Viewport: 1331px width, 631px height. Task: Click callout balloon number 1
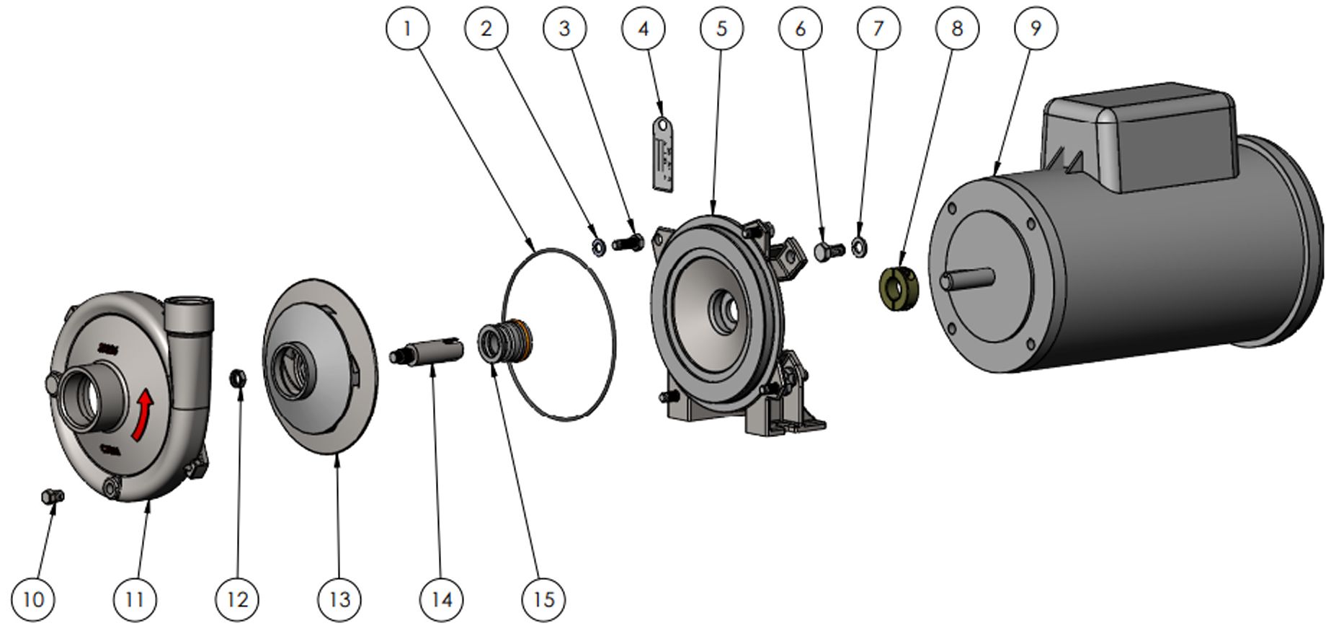click(407, 29)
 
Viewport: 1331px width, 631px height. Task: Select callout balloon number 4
click(643, 29)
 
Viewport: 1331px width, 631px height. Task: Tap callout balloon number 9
click(1036, 29)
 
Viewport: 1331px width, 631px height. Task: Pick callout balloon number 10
click(33, 599)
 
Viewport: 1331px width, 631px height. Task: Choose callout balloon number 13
click(339, 599)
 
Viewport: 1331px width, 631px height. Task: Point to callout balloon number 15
click(543, 599)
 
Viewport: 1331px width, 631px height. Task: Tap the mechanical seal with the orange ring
click(504, 341)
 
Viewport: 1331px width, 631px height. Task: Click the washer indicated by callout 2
click(597, 247)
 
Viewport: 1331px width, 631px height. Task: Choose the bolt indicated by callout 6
click(829, 252)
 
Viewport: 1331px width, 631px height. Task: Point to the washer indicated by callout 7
click(858, 247)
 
